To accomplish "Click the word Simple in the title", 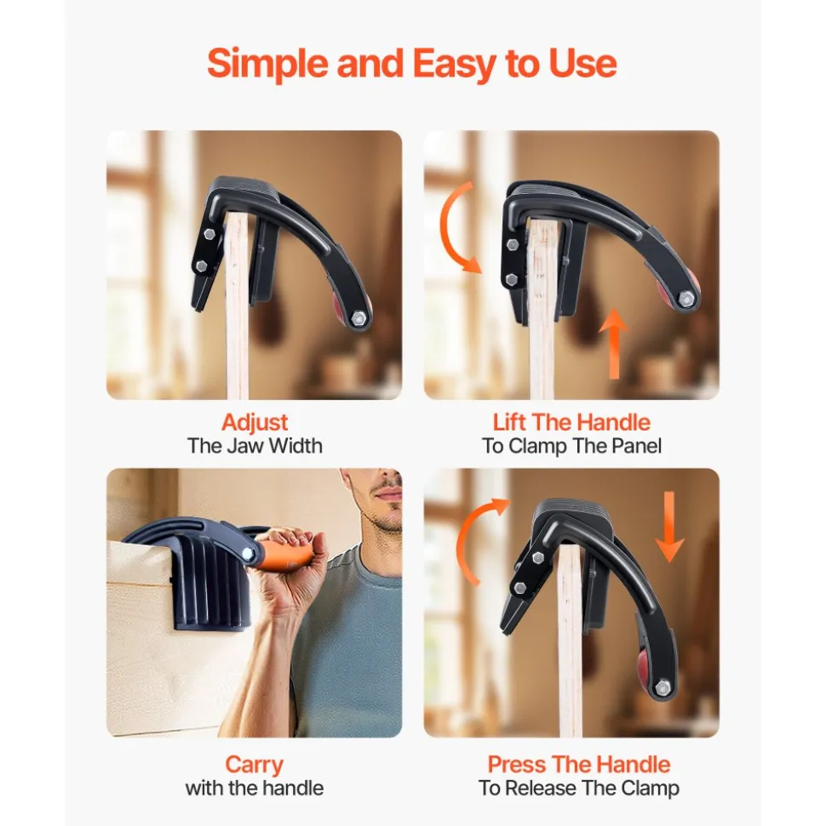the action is [x=268, y=64].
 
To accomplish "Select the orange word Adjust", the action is [x=255, y=423].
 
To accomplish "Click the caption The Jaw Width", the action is [x=255, y=447].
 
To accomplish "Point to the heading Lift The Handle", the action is [x=571, y=423].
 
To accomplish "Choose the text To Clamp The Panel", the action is [x=571, y=447].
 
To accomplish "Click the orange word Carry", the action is [x=255, y=766].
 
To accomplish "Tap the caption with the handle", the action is [x=255, y=789].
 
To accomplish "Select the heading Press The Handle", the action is [x=578, y=765].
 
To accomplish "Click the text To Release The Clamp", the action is [x=578, y=789].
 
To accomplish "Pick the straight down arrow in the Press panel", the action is [x=669, y=526].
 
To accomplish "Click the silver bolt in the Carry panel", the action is [x=247, y=553].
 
